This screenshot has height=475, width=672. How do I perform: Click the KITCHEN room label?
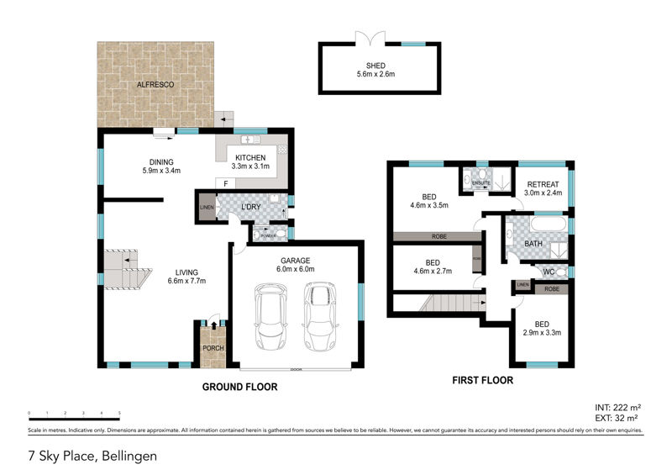[x=250, y=157]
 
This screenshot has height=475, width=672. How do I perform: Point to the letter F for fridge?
[x=225, y=182]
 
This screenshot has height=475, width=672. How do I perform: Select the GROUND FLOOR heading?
[x=239, y=388]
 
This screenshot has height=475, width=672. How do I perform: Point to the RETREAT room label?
[x=543, y=185]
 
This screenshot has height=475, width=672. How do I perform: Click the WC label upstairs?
[x=547, y=272]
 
